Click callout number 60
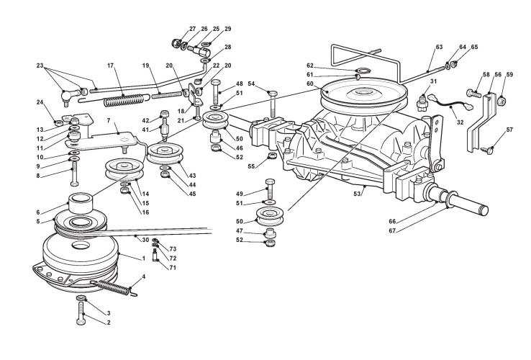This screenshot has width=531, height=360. point(310,84)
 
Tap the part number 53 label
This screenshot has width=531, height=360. point(357,194)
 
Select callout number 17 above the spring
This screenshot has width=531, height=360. point(110,65)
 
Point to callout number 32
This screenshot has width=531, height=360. point(460,122)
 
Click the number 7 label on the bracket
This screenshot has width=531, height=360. point(109,120)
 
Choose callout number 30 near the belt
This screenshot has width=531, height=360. point(145,240)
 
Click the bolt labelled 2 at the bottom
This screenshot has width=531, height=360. point(81,312)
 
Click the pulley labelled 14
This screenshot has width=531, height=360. point(124,169)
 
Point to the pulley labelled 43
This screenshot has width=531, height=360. point(165,154)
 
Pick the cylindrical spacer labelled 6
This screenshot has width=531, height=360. point(81,203)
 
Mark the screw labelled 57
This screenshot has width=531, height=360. point(486,149)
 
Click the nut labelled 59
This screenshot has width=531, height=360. point(501,100)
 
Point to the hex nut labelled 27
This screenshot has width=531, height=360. point(176,43)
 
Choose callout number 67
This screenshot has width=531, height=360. point(392,231)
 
